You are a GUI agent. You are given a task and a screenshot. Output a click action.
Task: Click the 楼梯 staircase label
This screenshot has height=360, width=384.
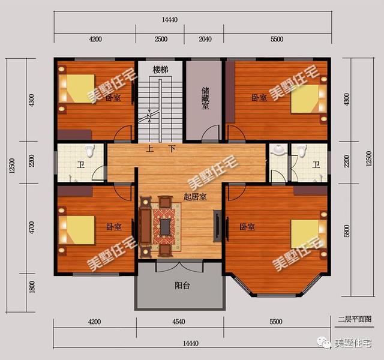point(160,70)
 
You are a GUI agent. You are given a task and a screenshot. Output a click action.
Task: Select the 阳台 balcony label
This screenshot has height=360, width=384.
point(182,286)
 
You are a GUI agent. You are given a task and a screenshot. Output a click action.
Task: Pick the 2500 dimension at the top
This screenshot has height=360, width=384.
point(160,40)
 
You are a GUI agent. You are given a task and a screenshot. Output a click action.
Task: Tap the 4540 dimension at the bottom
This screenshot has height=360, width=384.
point(181,322)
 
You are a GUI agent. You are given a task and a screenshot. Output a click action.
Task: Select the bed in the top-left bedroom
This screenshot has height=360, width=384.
point(78,89)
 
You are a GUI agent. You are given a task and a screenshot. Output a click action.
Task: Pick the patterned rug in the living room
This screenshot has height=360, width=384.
point(165,225)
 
